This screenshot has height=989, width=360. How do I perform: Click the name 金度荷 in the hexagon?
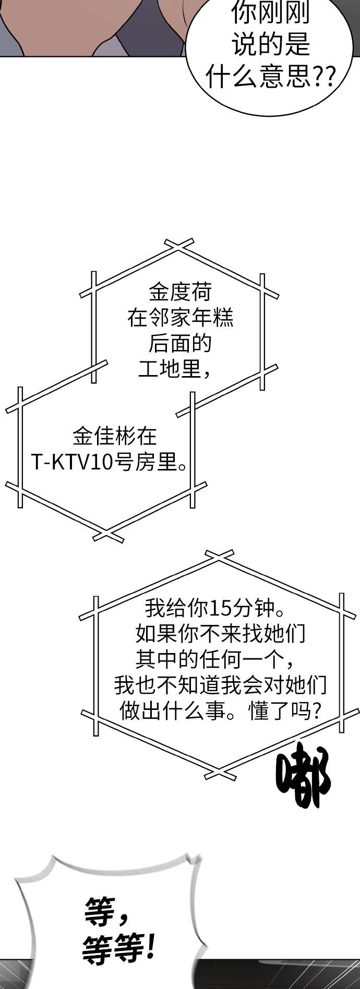point(180,292)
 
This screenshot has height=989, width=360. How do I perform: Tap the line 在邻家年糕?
point(180,318)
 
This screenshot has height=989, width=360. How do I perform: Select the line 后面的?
point(180,343)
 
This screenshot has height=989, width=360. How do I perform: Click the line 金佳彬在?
point(114,436)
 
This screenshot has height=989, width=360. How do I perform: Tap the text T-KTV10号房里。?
point(110,462)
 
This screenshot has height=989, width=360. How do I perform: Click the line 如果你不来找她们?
point(220,633)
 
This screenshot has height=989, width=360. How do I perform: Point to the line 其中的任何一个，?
point(214,659)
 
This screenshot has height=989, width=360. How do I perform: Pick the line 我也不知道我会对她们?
point(220,684)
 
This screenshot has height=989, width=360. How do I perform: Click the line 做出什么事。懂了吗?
point(220,710)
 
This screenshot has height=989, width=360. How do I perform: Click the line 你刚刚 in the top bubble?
point(270,14)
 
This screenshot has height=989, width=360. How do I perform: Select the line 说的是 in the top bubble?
point(270,46)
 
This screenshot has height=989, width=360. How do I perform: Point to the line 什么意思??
point(270,78)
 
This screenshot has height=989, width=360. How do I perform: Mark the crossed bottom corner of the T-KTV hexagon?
point(108,535)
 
